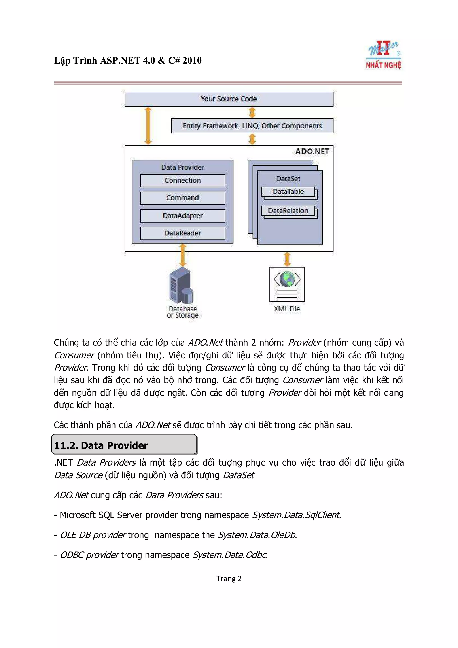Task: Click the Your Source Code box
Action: (x=229, y=99)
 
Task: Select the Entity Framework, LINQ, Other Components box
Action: (x=252, y=126)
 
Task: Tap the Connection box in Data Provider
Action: (x=182, y=181)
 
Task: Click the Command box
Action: (x=182, y=198)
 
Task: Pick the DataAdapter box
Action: (x=182, y=216)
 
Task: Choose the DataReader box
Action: (x=182, y=233)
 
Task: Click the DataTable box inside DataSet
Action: (x=288, y=192)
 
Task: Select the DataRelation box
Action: (x=288, y=211)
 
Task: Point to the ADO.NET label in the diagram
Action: (x=312, y=152)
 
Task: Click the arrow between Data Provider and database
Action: (x=183, y=255)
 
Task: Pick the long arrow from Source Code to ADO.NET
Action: (x=148, y=126)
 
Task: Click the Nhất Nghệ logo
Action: (x=384, y=55)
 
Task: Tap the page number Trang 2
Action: (x=229, y=579)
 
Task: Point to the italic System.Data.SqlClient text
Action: (x=296, y=515)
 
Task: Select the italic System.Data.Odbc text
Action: (x=230, y=555)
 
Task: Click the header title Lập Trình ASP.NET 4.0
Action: (x=128, y=60)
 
